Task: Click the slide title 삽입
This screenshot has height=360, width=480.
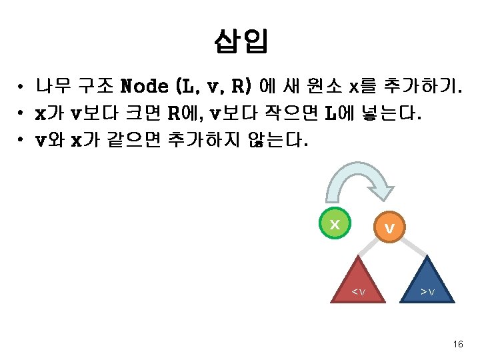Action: [x=241, y=41]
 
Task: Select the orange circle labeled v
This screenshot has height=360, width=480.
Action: [x=389, y=228]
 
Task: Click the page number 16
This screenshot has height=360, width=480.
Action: [x=457, y=344]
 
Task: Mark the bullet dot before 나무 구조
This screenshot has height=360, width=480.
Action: [x=22, y=87]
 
